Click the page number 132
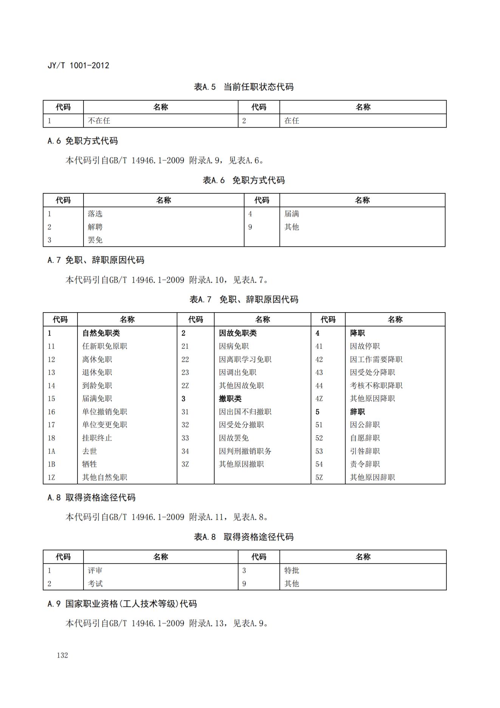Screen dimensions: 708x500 (x=62, y=655)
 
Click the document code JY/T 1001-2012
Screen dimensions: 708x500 (x=78, y=65)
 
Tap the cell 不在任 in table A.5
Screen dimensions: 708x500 (x=99, y=121)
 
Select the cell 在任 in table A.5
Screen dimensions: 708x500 (x=292, y=121)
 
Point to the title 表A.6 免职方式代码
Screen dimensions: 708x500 (x=244, y=180)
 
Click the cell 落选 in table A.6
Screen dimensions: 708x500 (x=95, y=214)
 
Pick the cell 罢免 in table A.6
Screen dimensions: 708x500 (x=95, y=240)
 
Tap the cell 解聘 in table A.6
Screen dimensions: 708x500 (x=95, y=227)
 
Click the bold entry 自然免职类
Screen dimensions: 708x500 (x=101, y=333)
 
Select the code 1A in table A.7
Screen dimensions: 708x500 (x=51, y=451)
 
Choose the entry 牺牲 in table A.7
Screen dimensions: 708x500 (x=90, y=464)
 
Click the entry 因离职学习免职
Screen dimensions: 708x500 (x=245, y=359)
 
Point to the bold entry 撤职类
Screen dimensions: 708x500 (x=230, y=398)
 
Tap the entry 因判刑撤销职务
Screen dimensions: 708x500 (x=245, y=451)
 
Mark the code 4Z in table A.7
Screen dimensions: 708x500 (x=319, y=398)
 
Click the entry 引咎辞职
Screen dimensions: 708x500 (x=365, y=451)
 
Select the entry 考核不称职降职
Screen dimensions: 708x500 (x=376, y=386)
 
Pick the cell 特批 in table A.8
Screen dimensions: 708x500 (x=292, y=570)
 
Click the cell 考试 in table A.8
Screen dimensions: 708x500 (x=95, y=584)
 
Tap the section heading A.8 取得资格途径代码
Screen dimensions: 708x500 (x=91, y=498)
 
